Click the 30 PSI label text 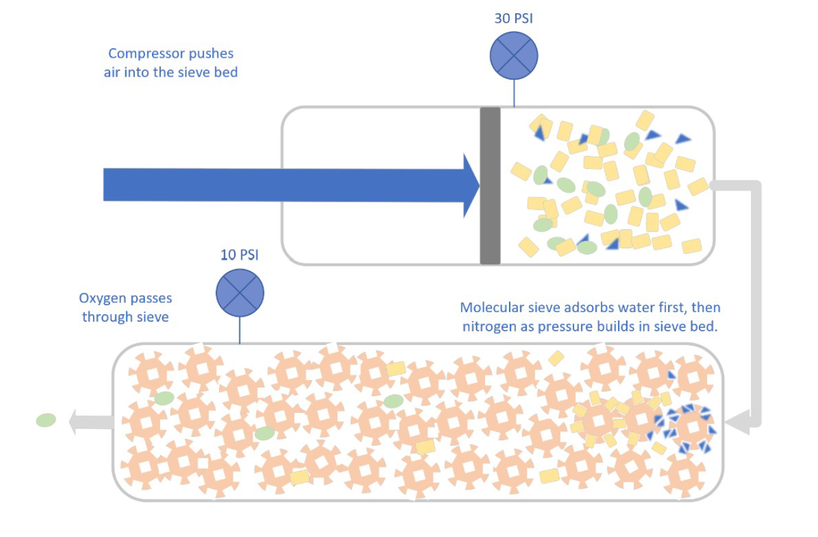(513, 18)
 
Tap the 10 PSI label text (239, 256)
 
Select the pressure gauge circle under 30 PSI (513, 55)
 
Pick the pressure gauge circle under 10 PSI (240, 293)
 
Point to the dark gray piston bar (490, 186)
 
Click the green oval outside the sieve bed (46, 420)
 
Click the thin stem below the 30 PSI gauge (513, 92)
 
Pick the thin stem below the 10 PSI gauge (240, 331)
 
